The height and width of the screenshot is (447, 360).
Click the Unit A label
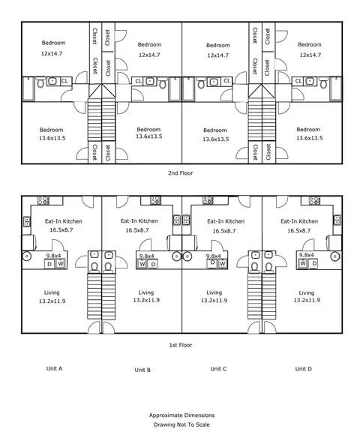[54, 368]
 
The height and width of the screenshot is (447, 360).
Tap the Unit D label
[303, 368]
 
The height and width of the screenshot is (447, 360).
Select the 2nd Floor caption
[181, 172]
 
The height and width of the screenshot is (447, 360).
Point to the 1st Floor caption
[181, 345]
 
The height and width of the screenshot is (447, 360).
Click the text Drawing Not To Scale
[181, 424]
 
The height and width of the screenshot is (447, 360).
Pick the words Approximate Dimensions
[181, 415]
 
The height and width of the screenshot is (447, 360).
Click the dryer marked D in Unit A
[49, 264]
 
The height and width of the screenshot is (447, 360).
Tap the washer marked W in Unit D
[303, 263]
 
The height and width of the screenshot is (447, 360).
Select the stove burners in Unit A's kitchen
[43, 200]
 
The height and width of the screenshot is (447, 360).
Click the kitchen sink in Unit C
[187, 220]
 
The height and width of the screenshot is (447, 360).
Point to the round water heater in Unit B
[177, 256]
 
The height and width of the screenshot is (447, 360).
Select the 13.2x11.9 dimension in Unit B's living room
[146, 300]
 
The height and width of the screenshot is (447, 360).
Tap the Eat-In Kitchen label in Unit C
[226, 221]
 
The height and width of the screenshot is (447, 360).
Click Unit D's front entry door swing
[270, 327]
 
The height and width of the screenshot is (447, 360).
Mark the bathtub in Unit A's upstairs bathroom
[28, 88]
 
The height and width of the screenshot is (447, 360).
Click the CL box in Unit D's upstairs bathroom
[298, 81]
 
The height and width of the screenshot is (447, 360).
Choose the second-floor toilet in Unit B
[163, 83]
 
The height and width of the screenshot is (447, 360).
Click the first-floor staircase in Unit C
[254, 296]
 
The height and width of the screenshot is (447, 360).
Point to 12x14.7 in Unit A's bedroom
[52, 53]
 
